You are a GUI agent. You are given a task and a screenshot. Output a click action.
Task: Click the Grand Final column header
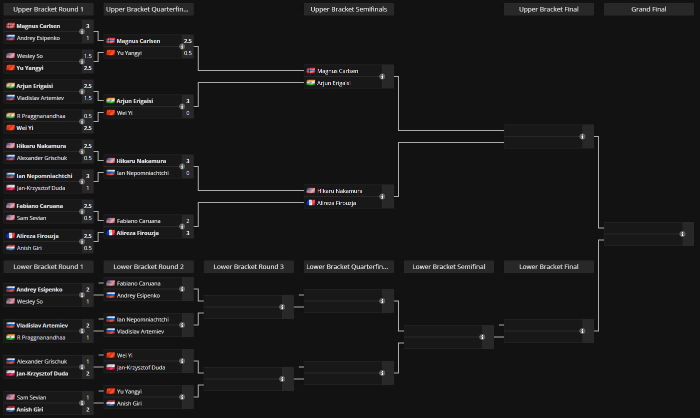coord(648,9)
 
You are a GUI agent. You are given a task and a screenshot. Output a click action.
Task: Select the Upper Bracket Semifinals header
coord(348,9)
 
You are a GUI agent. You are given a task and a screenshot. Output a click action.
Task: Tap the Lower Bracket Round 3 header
coord(248,266)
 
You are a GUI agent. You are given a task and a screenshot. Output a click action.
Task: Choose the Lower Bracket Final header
coord(548,266)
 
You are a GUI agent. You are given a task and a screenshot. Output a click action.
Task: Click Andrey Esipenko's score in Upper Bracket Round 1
coord(88,38)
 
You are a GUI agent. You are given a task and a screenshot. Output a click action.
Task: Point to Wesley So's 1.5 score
coord(88,56)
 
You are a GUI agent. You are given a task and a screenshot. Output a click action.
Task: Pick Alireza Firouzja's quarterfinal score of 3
coord(188,233)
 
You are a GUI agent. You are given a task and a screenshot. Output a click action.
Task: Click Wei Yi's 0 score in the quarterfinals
coord(188,113)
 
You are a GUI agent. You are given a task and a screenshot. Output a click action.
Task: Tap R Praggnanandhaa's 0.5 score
coord(88,116)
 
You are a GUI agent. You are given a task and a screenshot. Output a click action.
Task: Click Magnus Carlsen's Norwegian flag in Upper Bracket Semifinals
coord(311,71)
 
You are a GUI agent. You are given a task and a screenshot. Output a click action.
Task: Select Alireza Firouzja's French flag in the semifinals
coord(311,203)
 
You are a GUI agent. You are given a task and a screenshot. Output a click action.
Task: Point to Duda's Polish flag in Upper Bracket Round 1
coord(11,188)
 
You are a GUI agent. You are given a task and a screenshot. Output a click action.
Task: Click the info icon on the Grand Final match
coord(682,234)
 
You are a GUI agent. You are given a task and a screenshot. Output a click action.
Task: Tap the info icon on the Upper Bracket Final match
coord(582,136)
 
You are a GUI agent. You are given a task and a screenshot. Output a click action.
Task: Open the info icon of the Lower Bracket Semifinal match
coord(482,337)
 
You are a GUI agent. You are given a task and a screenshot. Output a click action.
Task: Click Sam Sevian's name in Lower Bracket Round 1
coord(31,397)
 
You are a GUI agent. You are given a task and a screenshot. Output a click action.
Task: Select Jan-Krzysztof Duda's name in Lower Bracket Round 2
coord(141,367)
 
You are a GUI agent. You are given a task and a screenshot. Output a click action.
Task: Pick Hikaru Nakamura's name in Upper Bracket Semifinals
coord(340,191)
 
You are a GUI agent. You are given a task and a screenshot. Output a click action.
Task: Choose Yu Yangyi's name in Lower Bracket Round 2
coord(129,391)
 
